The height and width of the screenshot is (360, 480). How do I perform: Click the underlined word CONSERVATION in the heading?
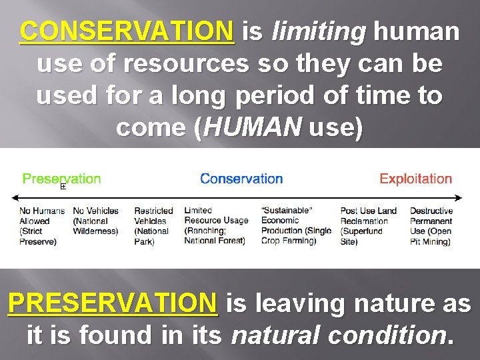[x=127, y=31]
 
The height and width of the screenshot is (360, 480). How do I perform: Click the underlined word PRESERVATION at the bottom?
[x=113, y=303]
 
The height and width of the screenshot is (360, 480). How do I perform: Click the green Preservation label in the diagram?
[x=62, y=179]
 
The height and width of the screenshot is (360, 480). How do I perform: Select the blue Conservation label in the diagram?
[x=241, y=179]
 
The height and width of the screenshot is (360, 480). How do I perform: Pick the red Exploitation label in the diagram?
[x=415, y=179]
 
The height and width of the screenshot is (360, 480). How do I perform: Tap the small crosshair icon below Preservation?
[x=63, y=187]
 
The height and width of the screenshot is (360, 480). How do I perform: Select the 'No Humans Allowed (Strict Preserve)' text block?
[x=42, y=226]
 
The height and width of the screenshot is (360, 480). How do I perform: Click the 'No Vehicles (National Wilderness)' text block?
[x=95, y=221]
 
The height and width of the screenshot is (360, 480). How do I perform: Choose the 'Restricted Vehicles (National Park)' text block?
[x=153, y=226]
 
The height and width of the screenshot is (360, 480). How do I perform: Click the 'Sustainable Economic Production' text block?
[x=295, y=226]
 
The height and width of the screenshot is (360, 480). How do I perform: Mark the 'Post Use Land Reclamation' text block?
[x=368, y=226]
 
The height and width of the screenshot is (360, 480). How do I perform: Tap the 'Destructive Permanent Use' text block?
[x=431, y=226]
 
